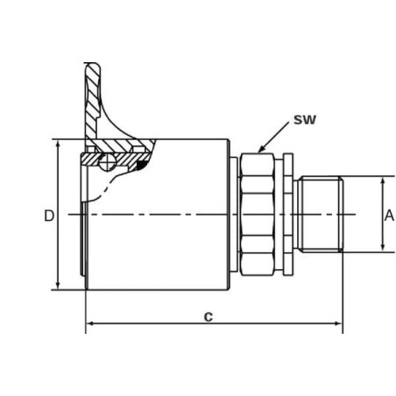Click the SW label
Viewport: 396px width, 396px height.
(305, 120)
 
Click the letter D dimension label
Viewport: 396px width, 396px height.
(49, 216)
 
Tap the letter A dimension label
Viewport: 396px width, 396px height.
(389, 216)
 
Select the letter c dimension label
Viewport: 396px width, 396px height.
(209, 316)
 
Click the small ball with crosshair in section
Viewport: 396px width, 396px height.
(107, 162)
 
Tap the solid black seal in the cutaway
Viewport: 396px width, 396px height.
(142, 165)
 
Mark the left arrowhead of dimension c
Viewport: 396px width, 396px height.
(90, 323)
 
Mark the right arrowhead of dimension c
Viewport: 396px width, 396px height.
(338, 323)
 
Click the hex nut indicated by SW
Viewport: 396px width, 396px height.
(257, 214)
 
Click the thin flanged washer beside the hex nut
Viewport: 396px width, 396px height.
(288, 214)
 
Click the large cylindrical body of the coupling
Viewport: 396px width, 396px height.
(158, 215)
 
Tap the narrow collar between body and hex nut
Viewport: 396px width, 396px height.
(234, 214)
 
